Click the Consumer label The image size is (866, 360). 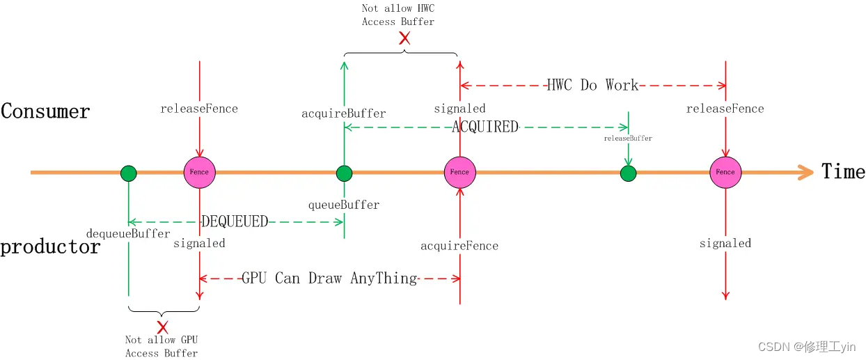click(x=46, y=111)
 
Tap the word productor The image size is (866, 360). click(x=50, y=246)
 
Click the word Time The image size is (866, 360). click(x=843, y=171)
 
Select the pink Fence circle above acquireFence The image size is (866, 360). click(x=459, y=172)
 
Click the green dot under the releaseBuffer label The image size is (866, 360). click(x=628, y=173)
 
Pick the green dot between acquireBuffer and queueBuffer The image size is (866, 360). click(x=344, y=173)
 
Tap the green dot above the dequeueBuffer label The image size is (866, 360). click(x=128, y=173)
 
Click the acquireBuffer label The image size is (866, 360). click(x=343, y=113)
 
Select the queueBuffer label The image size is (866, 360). click(x=344, y=205)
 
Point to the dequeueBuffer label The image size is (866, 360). click(x=129, y=233)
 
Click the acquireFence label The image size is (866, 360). click(x=459, y=245)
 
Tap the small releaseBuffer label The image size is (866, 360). click(x=628, y=139)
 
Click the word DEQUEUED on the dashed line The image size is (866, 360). click(x=235, y=221)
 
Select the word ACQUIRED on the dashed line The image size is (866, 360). click(x=485, y=127)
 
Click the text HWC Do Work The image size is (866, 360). click(x=592, y=85)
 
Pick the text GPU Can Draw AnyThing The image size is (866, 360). click(x=329, y=278)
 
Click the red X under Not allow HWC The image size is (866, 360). click(x=404, y=38)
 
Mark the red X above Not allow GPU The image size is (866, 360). click(x=163, y=327)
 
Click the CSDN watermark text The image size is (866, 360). click(x=807, y=346)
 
